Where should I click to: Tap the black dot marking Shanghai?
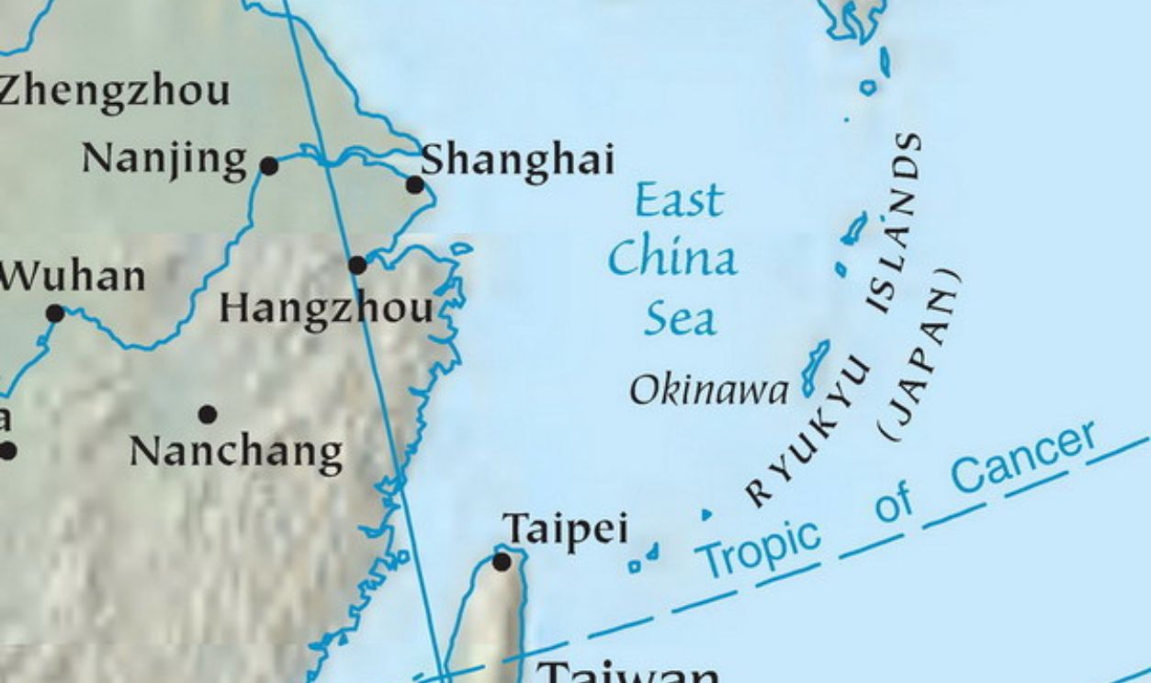[415, 185]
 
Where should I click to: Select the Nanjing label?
[164, 159]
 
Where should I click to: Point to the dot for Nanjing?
[269, 165]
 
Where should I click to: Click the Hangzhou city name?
[326, 309]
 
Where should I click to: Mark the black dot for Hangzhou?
[357, 265]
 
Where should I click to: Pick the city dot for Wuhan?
[55, 313]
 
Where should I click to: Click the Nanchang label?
[236, 451]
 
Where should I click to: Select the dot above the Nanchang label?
[208, 415]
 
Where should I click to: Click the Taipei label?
[566, 529]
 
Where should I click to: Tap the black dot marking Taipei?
[502, 561]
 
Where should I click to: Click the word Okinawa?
[708, 392]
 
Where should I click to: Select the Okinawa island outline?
[814, 366]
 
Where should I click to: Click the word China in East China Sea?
[671, 259]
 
